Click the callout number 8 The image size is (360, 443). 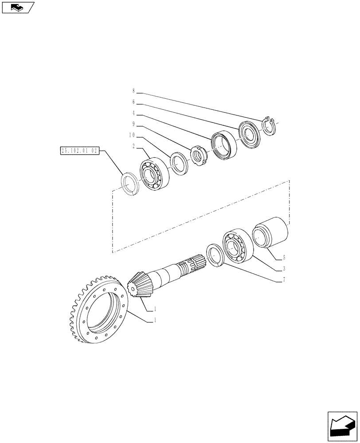[133, 92]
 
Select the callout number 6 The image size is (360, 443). [133, 102]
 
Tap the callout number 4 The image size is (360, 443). [133, 113]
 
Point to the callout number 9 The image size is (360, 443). [133, 124]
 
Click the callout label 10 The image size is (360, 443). [132, 136]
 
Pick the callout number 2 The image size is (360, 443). [133, 147]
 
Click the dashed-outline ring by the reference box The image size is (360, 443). [130, 183]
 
